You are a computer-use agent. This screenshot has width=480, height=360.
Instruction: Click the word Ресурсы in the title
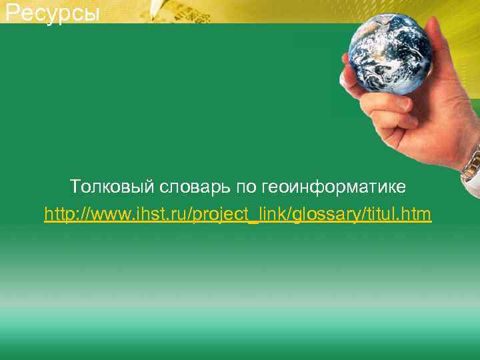[x=52, y=12]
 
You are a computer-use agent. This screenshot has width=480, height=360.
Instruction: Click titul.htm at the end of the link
[x=399, y=215]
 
